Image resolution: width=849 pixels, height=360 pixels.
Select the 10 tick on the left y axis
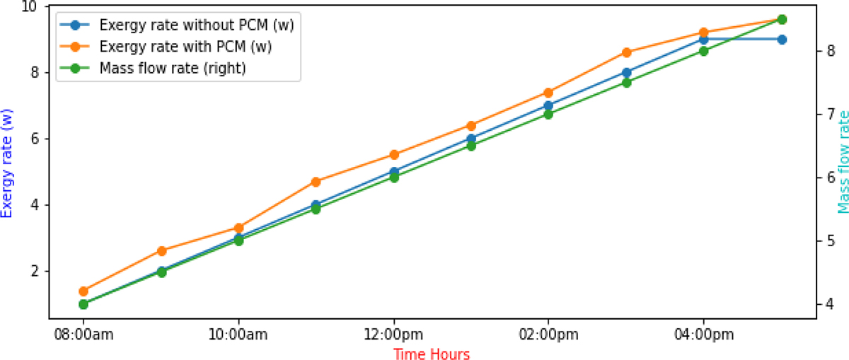[x=33, y=6]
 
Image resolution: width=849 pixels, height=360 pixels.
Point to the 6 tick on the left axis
[x=37, y=139]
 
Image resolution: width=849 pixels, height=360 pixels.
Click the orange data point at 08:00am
[x=83, y=291]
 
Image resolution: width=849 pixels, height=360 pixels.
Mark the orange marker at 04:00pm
[x=703, y=33]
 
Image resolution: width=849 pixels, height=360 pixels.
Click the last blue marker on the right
[x=782, y=40]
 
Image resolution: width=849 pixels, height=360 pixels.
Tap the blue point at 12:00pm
[x=393, y=172]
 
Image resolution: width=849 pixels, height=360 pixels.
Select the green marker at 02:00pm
[x=548, y=114]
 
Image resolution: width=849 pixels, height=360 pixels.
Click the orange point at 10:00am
[x=238, y=228]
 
